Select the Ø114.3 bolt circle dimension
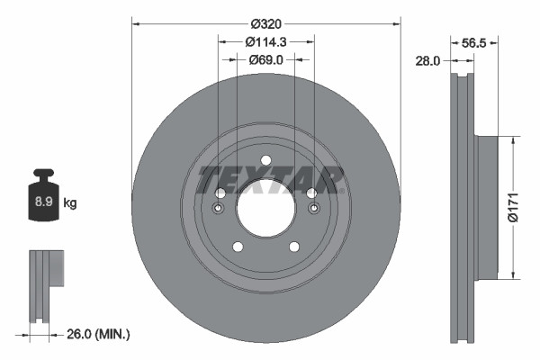[x=265, y=41]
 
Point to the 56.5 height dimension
[x=473, y=41]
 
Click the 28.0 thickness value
[x=427, y=60]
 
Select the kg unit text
[x=70, y=203]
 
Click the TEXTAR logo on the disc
[x=270, y=179]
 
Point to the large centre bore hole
[x=265, y=209]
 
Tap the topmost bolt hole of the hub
[x=265, y=161]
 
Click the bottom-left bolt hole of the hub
[x=238, y=247]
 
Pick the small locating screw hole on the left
[x=219, y=210]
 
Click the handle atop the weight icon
[x=43, y=174]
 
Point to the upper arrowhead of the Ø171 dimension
[x=513, y=140]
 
